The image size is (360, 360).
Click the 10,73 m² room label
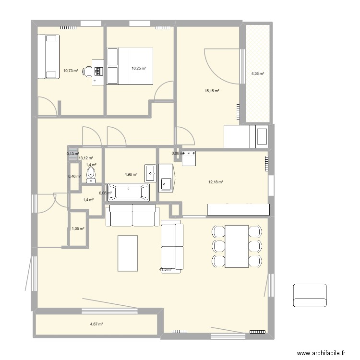click(x=71, y=71)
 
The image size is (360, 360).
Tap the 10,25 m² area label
click(x=139, y=68)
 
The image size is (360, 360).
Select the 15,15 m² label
click(x=212, y=91)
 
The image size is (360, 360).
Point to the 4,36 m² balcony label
click(x=258, y=73)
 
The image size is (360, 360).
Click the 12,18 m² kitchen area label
click(x=216, y=182)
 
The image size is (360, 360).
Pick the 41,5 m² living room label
click(x=166, y=270)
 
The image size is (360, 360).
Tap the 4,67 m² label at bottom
click(x=96, y=324)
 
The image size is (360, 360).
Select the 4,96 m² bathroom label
click(x=131, y=175)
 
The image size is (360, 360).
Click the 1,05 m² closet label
click(x=78, y=229)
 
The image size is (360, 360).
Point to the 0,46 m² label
click(x=75, y=176)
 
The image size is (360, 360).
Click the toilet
click(x=91, y=175)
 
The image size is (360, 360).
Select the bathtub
click(x=129, y=192)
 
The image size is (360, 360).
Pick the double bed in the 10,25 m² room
click(x=130, y=66)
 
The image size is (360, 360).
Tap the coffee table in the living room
click(x=128, y=253)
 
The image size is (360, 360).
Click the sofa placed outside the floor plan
click(x=310, y=295)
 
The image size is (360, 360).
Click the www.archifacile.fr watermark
click(x=322, y=353)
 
